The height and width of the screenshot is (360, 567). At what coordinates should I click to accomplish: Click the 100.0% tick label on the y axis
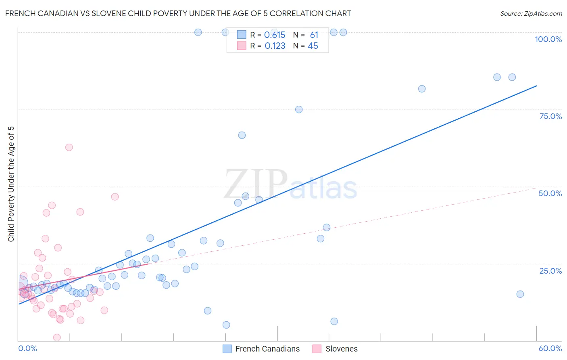click(x=548, y=39)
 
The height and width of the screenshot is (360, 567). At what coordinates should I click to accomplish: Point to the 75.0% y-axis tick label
click(x=550, y=116)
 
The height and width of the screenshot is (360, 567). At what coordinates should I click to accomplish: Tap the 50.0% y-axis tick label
click(x=550, y=193)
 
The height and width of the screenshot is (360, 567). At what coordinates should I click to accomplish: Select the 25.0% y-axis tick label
click(x=550, y=271)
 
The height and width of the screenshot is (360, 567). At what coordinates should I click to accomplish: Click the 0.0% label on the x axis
click(x=27, y=348)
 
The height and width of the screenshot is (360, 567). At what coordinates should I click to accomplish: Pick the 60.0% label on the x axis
click(x=550, y=348)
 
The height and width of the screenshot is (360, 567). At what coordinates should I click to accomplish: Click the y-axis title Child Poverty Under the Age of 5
click(x=11, y=184)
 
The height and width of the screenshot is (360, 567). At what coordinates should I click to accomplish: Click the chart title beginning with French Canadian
click(x=178, y=13)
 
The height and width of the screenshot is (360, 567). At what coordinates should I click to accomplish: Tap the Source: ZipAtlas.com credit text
click(x=531, y=13)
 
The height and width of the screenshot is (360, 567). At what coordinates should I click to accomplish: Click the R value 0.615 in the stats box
click(x=275, y=35)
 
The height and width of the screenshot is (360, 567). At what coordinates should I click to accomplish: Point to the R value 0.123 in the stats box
click(x=275, y=46)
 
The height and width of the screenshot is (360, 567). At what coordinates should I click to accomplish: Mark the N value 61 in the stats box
click(x=314, y=35)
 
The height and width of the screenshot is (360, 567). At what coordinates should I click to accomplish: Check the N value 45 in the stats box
click(x=313, y=46)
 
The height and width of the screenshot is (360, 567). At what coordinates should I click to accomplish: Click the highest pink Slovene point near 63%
click(x=69, y=147)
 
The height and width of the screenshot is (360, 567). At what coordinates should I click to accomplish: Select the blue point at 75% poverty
click(x=299, y=109)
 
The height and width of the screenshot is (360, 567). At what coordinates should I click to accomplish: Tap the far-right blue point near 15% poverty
click(x=520, y=294)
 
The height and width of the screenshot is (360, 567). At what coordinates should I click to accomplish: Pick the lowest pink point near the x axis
click(x=57, y=337)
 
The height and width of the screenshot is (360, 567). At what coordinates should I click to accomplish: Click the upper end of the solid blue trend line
click(x=536, y=86)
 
